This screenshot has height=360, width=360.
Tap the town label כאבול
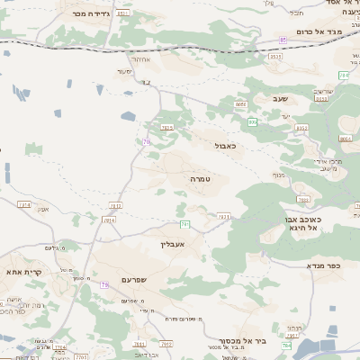[225, 145]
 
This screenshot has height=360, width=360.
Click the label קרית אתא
[20, 272]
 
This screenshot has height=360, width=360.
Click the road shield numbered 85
[283, 40]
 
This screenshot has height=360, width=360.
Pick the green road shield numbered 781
[185, 223]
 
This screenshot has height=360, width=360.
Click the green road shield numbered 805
[253, 121]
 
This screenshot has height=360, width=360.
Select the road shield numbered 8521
[122, 13]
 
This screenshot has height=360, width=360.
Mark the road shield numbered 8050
[240, 105]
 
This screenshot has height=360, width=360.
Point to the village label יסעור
[124, 71]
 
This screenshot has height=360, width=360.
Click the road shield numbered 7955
[166, 128]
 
